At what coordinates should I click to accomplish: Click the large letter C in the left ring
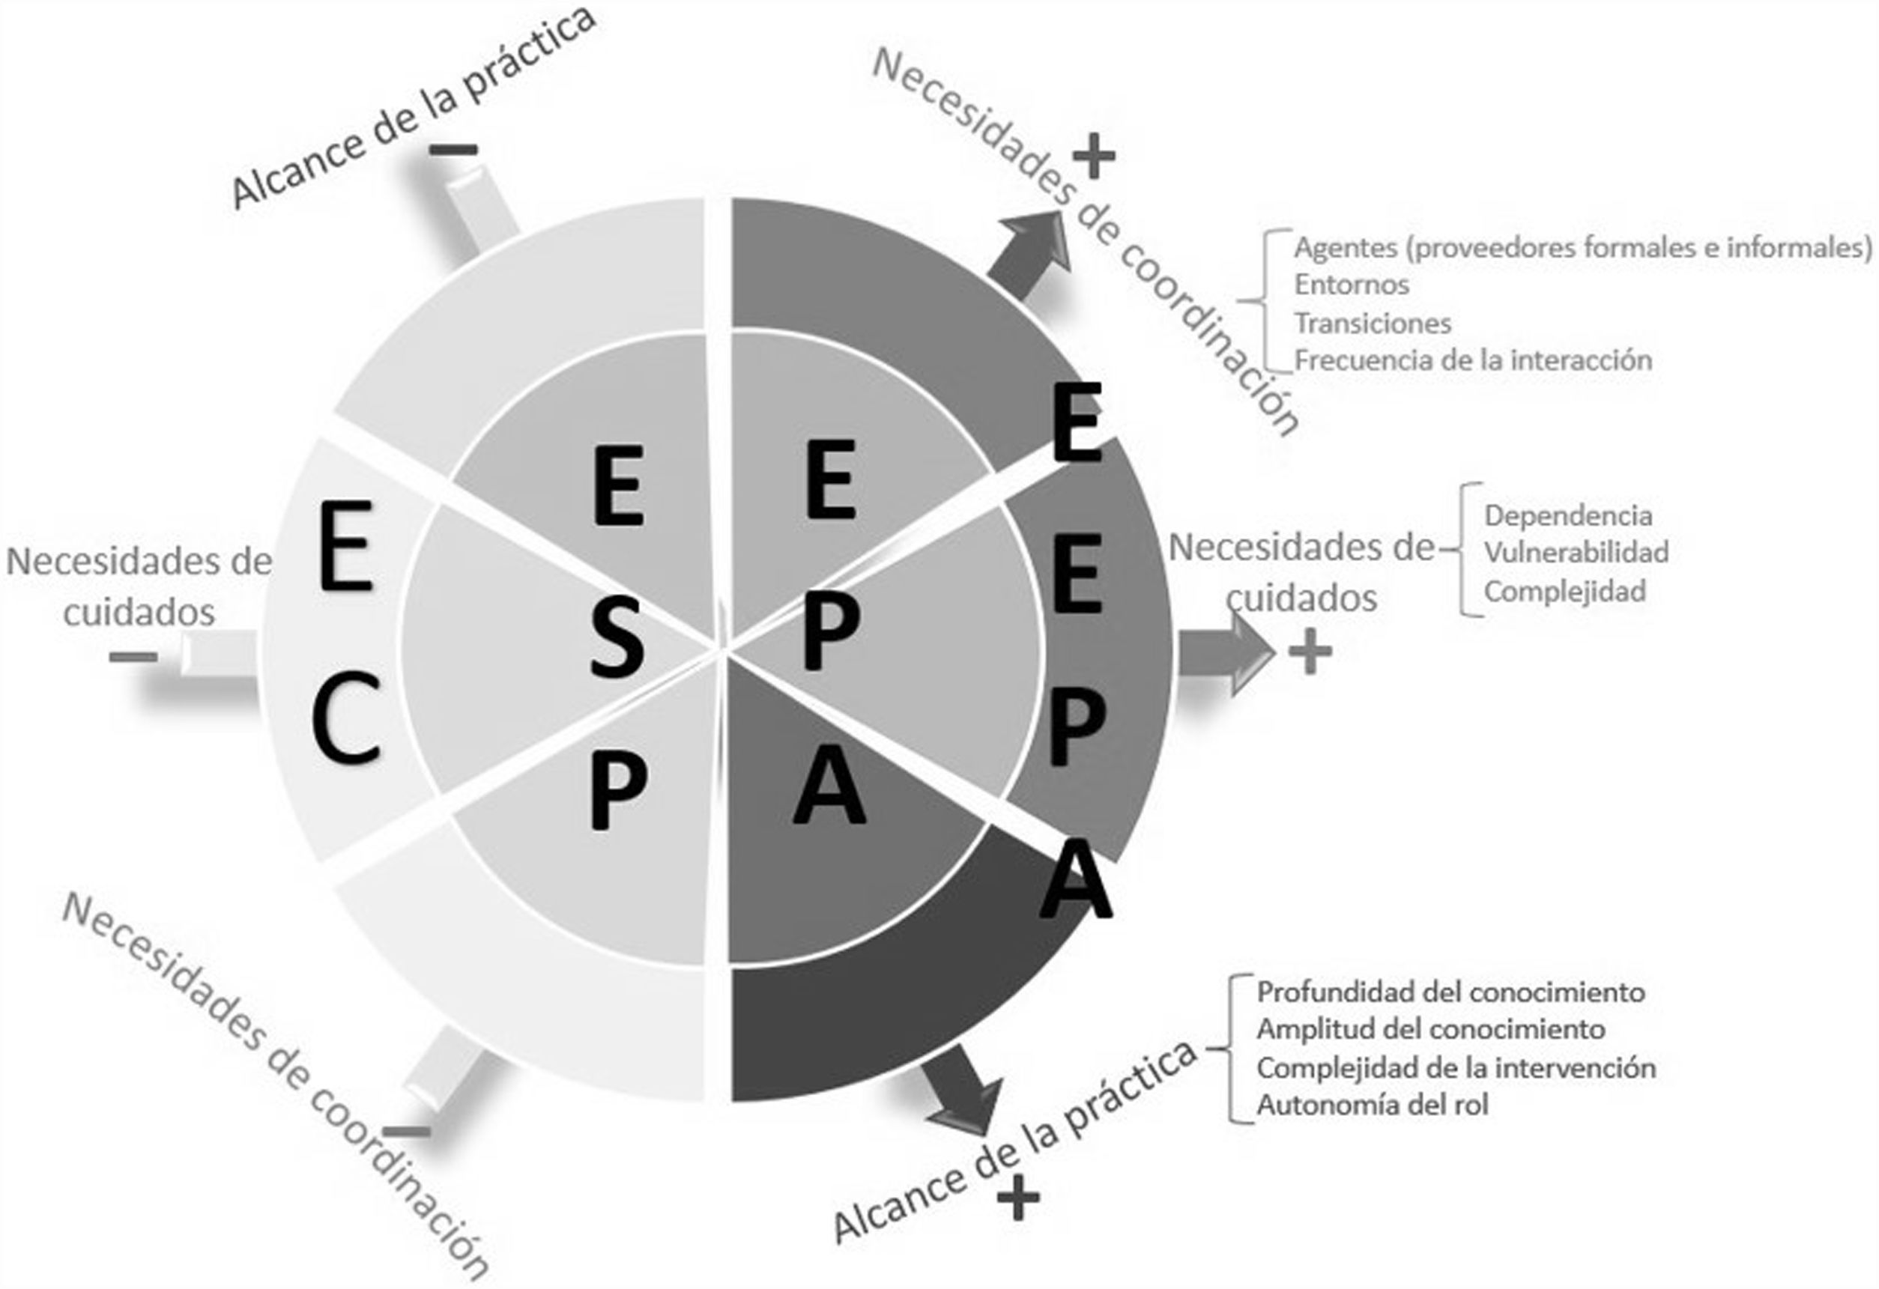[346, 718]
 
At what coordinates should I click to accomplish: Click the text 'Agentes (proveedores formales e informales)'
[1582, 247]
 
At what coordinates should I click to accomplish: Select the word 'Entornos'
[1351, 285]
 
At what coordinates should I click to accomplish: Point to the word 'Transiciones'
[1372, 324]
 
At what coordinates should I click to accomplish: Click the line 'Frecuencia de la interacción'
[1472, 360]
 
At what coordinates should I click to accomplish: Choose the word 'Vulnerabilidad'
[1576, 553]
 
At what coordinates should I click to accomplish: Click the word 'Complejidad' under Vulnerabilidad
[1564, 592]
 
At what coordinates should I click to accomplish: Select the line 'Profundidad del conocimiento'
[1450, 992]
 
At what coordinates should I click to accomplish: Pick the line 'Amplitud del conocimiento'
[1430, 1030]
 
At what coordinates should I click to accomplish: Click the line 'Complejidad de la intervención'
[1456, 1068]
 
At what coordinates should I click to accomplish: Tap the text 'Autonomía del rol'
[1372, 1105]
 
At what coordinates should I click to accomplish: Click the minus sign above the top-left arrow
[453, 150]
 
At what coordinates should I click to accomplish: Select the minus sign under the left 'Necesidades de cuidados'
[133, 656]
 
